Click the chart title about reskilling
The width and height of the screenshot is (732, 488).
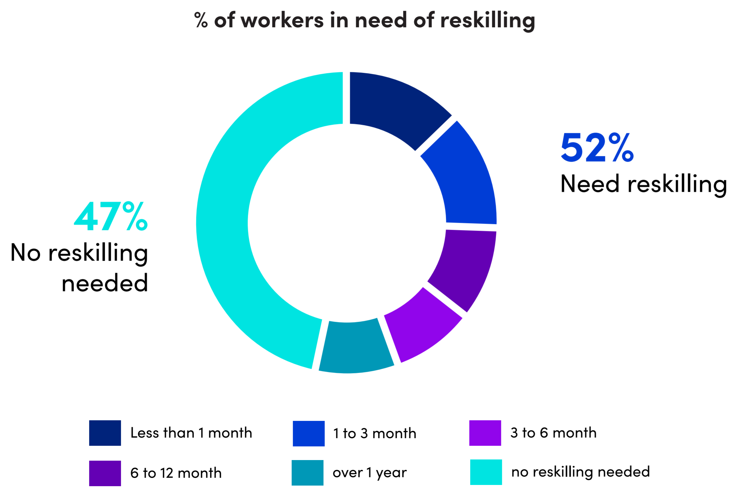[364, 20]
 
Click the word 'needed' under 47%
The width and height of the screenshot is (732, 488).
[105, 283]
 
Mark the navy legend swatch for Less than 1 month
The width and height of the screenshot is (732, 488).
[105, 433]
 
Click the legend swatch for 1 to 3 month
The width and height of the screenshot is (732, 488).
[309, 434]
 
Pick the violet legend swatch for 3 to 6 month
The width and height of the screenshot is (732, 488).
[485, 433]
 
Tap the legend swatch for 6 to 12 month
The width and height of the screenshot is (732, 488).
[105, 473]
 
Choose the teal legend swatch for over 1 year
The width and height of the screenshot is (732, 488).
[307, 473]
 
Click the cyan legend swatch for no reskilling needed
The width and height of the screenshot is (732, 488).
[486, 472]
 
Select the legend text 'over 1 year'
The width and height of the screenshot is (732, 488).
[369, 473]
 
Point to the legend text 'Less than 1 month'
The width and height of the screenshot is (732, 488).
[191, 433]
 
